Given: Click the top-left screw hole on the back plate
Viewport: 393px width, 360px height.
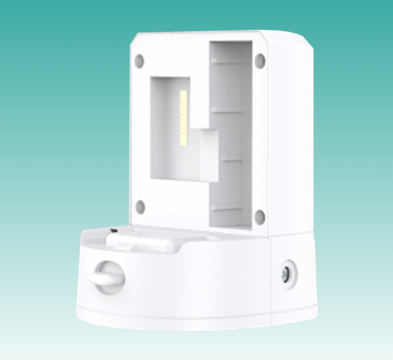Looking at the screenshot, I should [139, 59].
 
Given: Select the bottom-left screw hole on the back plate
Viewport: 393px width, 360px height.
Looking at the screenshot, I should [140, 207].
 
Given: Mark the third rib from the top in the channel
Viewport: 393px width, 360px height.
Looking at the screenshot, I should [231, 159].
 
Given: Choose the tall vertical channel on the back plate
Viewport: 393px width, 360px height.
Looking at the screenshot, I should [231, 133].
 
